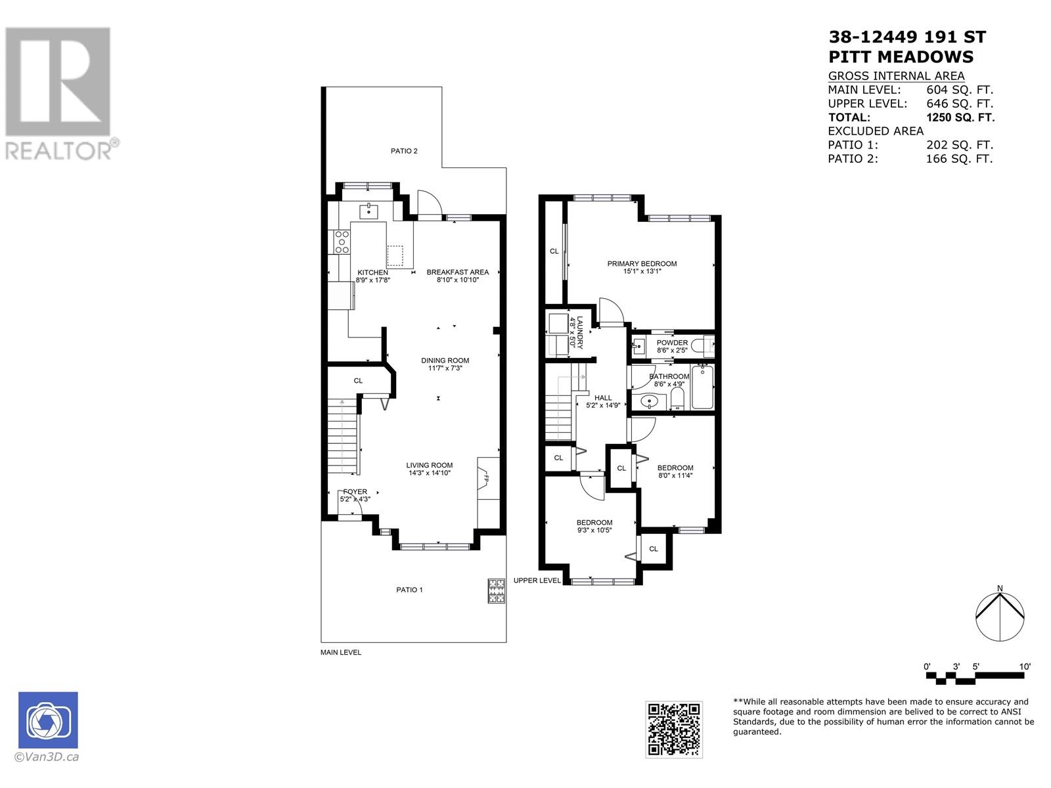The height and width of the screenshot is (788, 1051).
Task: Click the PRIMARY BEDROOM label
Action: coord(641,263)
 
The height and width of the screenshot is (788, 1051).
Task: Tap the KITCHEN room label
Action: coord(372,273)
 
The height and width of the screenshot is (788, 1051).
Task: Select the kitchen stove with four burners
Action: coord(342,242)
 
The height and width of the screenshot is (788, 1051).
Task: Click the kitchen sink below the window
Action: coord(369,211)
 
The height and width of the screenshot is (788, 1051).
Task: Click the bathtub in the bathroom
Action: coord(702,387)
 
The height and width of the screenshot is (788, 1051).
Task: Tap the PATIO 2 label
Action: coord(404,151)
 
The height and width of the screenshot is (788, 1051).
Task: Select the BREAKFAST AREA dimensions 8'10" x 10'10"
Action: coord(458,280)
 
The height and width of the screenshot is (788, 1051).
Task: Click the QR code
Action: coord(674,729)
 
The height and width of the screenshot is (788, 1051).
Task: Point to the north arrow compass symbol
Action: coord(999,616)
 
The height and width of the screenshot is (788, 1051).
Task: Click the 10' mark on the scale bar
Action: coord(1025,667)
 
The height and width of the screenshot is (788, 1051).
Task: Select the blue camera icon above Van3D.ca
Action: coord(48,720)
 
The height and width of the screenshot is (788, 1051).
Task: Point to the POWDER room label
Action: coord(672,343)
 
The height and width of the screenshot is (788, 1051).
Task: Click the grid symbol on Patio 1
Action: coord(496,590)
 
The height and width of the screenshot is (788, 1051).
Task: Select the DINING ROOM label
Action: coord(445,361)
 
